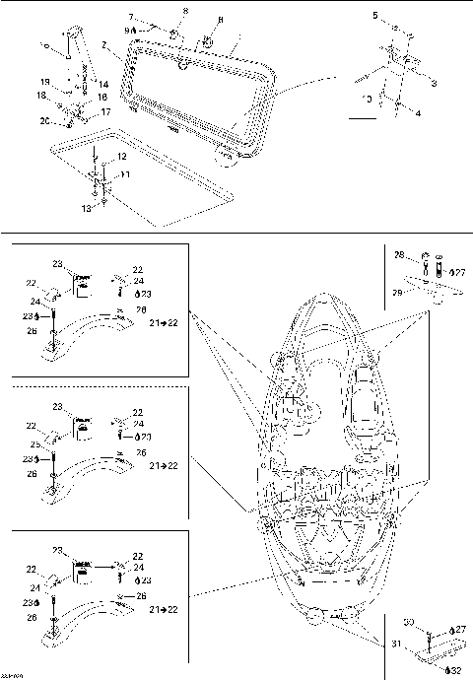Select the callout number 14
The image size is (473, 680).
102,85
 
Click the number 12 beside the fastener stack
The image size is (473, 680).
120,158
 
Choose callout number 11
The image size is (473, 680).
125,174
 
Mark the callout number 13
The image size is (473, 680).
85,209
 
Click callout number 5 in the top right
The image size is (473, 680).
375,16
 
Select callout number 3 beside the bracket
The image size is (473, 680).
434,85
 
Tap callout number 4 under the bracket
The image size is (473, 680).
419,113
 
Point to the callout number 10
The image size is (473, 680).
367,99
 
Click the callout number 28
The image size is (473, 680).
399,255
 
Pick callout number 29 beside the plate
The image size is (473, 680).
398,293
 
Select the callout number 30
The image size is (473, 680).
408,623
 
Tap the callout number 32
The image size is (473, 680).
455,670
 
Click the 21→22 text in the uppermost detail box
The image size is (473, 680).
164,322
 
